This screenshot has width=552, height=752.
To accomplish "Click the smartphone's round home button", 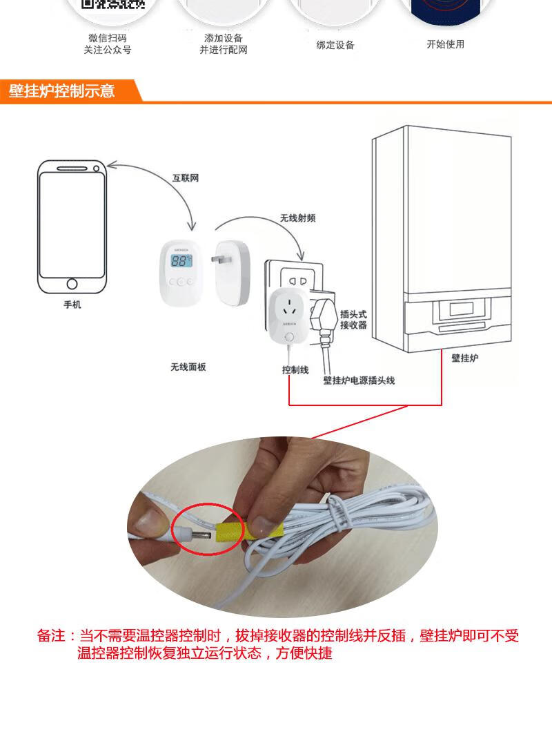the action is [x=72, y=283].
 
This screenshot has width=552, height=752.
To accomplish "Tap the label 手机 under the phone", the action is [x=72, y=305].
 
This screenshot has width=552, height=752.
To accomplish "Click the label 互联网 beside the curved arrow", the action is [x=186, y=178].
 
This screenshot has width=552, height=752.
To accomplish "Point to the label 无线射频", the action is [x=297, y=218].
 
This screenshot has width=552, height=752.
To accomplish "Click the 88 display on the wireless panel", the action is [x=181, y=260].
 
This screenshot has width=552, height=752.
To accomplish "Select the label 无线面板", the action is [x=188, y=367].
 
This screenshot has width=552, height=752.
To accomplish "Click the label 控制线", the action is [x=295, y=369].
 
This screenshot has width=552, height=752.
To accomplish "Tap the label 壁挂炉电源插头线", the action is [x=359, y=380].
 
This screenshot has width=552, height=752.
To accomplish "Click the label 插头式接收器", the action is [x=353, y=320].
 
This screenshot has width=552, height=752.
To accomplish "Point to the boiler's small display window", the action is [x=462, y=309].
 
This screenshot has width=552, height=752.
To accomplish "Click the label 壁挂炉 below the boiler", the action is [x=465, y=358].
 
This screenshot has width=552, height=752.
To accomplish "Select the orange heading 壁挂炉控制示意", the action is [x=62, y=90].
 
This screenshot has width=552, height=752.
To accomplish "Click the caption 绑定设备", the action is [x=335, y=45].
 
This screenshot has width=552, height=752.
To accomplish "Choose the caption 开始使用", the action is [x=446, y=44].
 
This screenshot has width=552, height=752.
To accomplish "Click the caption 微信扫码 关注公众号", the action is [x=108, y=44].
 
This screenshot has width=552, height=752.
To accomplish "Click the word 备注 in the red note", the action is [x=51, y=636].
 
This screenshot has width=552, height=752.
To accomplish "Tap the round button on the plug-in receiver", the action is [x=289, y=338].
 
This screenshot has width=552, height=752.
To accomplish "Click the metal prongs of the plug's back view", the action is [x=221, y=260].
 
